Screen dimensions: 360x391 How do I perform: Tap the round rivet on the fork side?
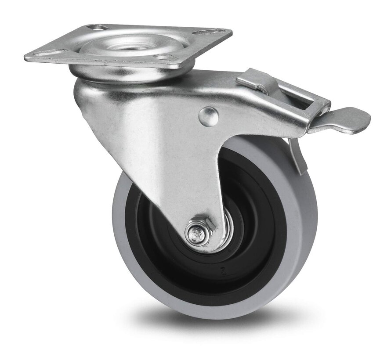208,116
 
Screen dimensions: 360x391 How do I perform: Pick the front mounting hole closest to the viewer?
163,58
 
